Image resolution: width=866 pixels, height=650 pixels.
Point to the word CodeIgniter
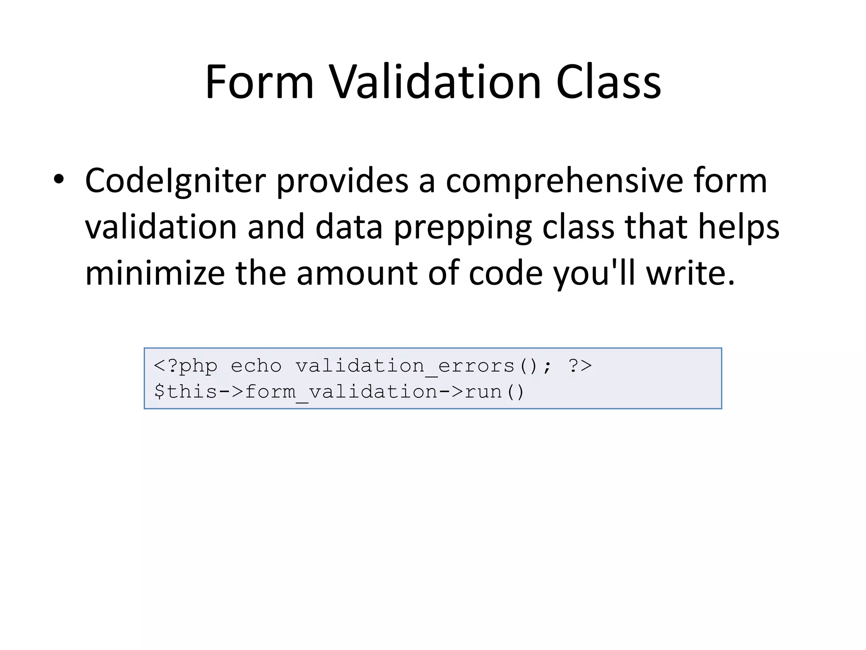[x=175, y=181]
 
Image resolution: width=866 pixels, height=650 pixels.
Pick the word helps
[x=738, y=227]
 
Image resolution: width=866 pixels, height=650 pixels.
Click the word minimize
[x=155, y=273]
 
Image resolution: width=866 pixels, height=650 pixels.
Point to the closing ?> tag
[x=580, y=366]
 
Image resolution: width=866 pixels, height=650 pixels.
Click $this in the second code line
[x=186, y=391]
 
